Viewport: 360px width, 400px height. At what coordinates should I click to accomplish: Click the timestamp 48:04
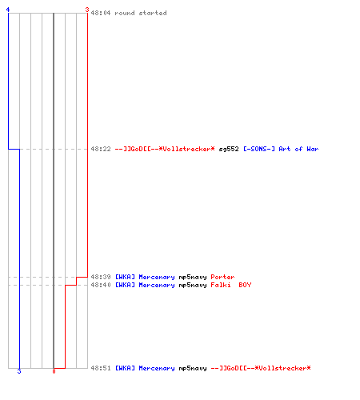click(101, 13)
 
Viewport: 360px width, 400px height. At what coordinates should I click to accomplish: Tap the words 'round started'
click(141, 13)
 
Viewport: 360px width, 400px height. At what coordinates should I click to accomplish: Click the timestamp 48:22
click(101, 149)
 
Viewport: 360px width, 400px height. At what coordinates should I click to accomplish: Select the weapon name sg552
click(229, 149)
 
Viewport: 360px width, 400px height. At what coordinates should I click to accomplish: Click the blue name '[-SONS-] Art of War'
click(281, 149)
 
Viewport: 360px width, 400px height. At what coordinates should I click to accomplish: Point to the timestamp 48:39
click(101, 277)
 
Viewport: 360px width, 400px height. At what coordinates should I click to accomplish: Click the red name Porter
click(222, 277)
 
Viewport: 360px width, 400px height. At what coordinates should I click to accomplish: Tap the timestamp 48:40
click(101, 285)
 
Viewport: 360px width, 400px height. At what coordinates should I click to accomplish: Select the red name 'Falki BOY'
click(231, 285)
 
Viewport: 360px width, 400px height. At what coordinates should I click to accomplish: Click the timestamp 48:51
click(101, 368)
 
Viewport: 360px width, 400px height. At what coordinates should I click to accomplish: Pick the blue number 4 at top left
click(8, 10)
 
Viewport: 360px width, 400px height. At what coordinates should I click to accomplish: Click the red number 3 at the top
click(87, 10)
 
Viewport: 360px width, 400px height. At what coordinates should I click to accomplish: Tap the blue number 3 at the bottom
click(19, 371)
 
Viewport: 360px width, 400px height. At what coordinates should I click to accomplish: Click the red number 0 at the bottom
click(54, 371)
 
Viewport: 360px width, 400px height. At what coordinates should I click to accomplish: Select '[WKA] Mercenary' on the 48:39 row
click(145, 277)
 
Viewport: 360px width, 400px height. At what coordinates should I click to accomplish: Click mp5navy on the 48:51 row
click(193, 368)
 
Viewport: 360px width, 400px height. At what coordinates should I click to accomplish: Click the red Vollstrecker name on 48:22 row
click(165, 149)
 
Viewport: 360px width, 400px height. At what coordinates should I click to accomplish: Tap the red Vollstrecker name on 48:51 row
click(261, 368)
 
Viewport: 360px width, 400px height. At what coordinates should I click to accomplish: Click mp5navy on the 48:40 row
click(193, 285)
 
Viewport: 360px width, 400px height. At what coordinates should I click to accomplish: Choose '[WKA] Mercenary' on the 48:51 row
click(145, 368)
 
